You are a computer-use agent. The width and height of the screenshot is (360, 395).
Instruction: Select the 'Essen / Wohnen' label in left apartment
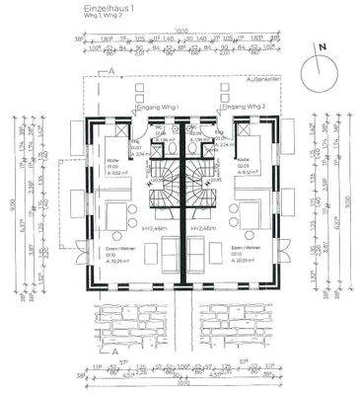click(x=120, y=248)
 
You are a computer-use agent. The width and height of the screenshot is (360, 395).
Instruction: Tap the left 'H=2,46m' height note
click(x=152, y=228)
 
